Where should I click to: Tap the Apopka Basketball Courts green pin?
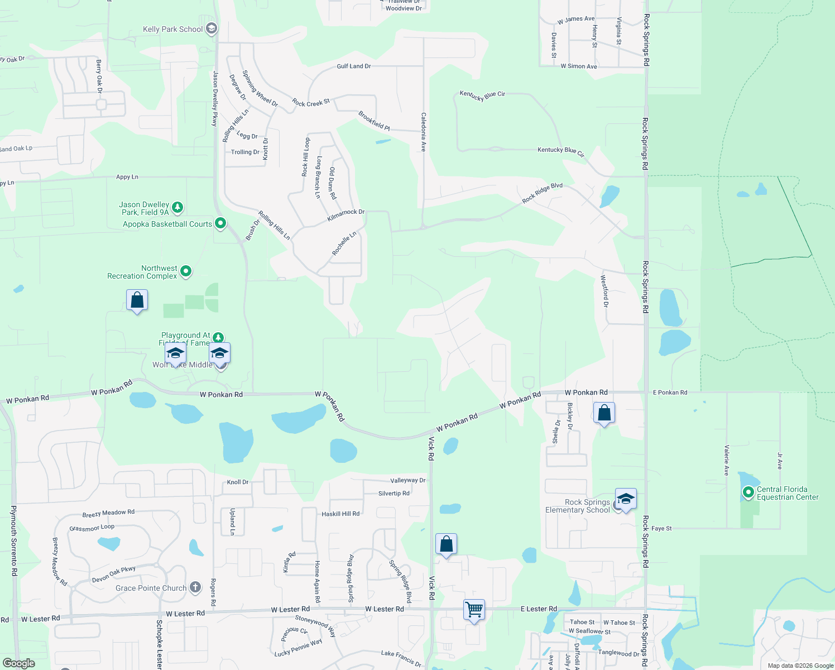point(220,223)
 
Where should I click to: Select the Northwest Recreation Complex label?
point(142,272)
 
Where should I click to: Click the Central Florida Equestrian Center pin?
point(748,492)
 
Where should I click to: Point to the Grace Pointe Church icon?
point(195,587)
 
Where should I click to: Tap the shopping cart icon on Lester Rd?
point(474,609)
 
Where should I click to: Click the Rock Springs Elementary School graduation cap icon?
point(626,499)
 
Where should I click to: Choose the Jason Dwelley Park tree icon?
point(177,208)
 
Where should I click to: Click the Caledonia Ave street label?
point(424,132)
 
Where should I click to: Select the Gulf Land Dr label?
point(354,66)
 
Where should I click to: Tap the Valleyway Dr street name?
point(407,480)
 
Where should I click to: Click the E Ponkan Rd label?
point(670,393)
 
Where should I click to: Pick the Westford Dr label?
point(604,290)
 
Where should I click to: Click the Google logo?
point(19,663)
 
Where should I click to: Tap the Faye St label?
point(661,528)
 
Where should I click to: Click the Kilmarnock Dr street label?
point(345,216)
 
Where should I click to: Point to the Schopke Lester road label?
point(160,644)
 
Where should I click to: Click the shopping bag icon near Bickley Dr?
point(604,414)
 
